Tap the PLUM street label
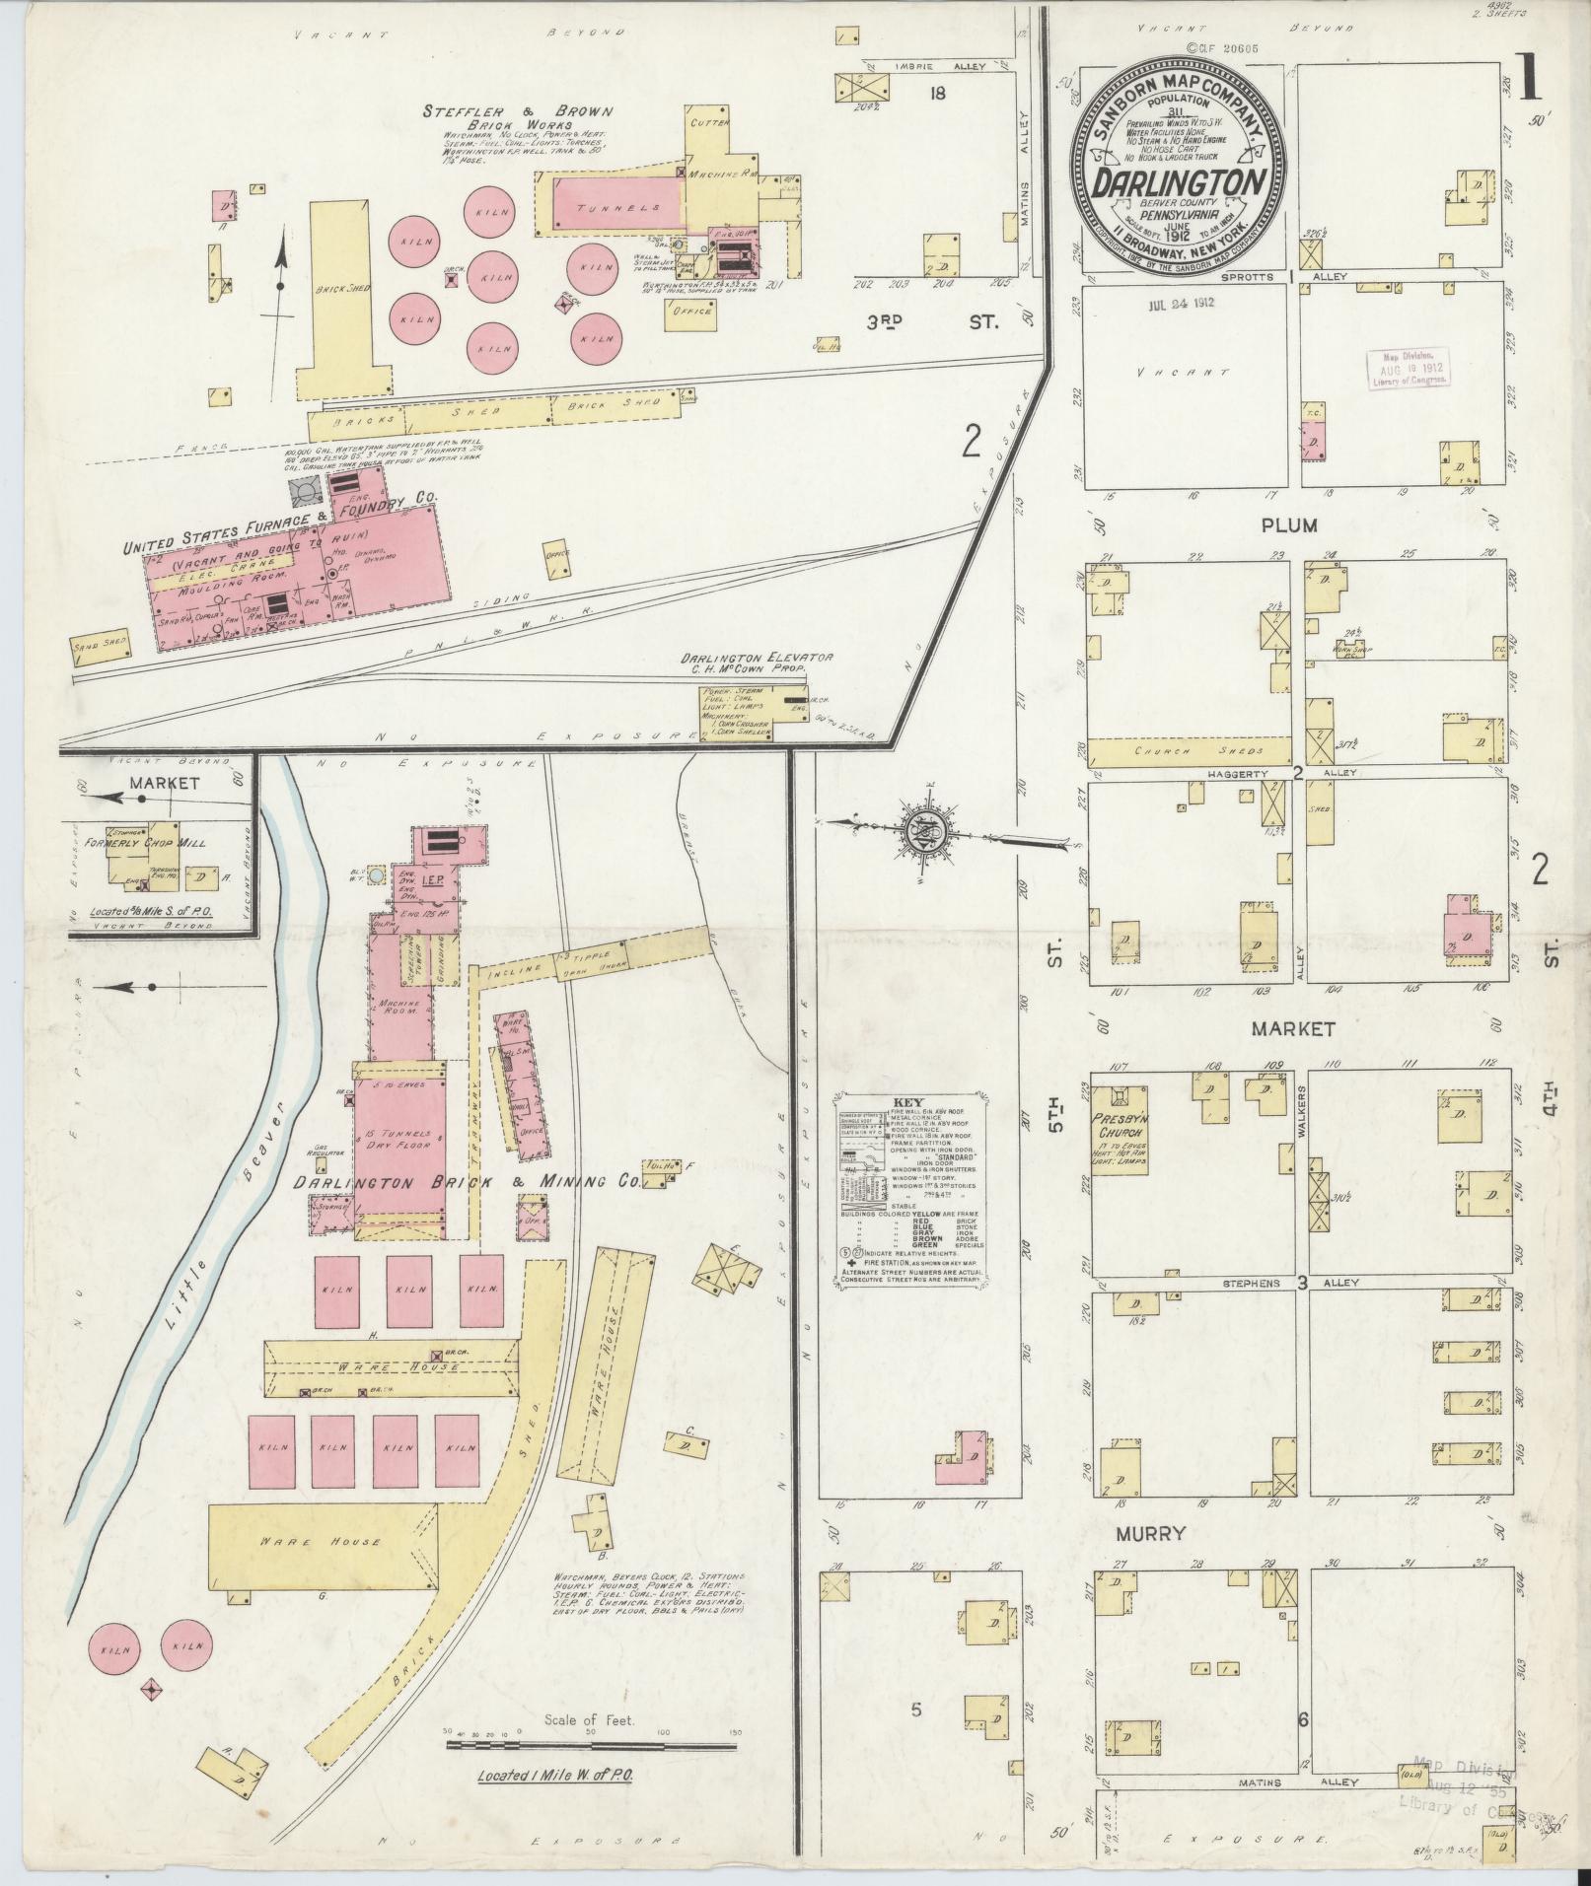1289,525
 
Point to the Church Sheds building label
1188,752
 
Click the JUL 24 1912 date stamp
1180,304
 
